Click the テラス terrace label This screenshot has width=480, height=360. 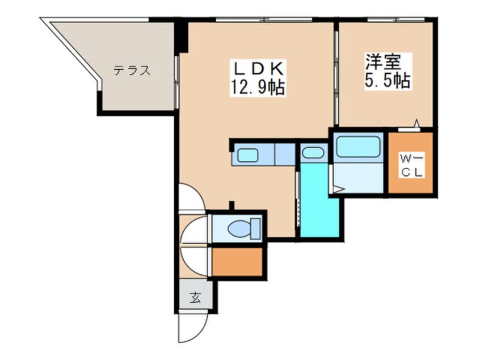(x=132, y=71)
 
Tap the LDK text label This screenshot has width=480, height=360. (x=258, y=69)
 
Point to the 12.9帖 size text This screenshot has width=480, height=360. (x=258, y=87)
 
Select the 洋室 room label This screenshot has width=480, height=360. (x=382, y=62)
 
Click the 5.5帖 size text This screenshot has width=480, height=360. (x=387, y=81)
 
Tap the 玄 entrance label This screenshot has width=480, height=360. (x=195, y=298)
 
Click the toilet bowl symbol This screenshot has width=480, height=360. (x=245, y=228)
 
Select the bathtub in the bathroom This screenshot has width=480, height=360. (x=358, y=146)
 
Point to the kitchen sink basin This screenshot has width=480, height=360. (x=247, y=155)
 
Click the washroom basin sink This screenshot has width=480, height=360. (x=313, y=153)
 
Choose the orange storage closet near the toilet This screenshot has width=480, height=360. (x=237, y=262)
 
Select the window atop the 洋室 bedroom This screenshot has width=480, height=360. (x=396, y=20)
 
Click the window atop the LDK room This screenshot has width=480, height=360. (x=264, y=20)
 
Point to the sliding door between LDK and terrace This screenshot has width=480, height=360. (x=176, y=82)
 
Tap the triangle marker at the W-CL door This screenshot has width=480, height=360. (x=416, y=123)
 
